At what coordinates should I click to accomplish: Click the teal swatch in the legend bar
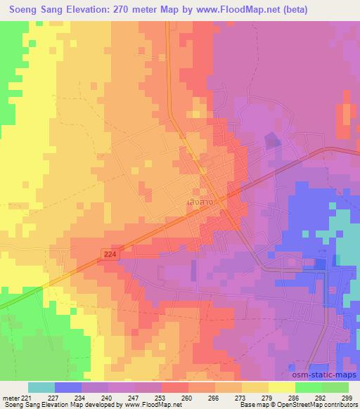[x=41, y=387]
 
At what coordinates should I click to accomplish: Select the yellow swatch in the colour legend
[x=281, y=387]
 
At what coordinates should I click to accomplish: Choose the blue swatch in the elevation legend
[x=68, y=387]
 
